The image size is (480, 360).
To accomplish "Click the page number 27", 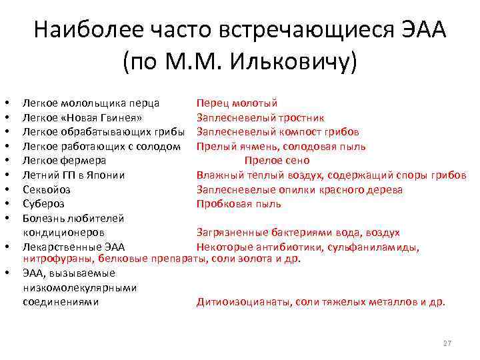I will pyautogui.click(x=447, y=343).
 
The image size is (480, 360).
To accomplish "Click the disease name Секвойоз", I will pyautogui.click(x=46, y=189).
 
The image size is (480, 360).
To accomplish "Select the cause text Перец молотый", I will pyautogui.click(x=237, y=103).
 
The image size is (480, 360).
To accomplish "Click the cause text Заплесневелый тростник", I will pyautogui.click(x=261, y=117).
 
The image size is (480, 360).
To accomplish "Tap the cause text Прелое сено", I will pyautogui.click(x=277, y=161).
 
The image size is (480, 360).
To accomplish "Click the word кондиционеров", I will pyautogui.click(x=63, y=233).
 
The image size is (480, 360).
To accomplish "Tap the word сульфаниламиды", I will pyautogui.click(x=377, y=247).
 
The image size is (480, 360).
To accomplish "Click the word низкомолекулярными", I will pyautogui.click(x=79, y=287).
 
